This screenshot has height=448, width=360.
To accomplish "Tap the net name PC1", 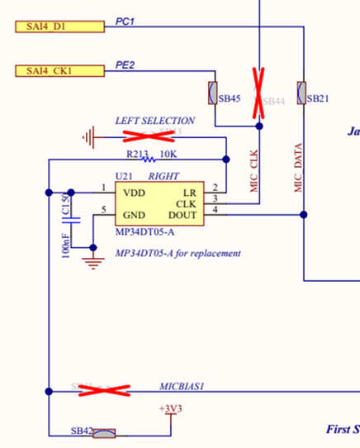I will pyautogui.click(x=125, y=21).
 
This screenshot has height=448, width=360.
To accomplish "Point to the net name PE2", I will pyautogui.click(x=125, y=64).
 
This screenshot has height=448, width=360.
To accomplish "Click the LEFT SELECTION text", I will pyautogui.click(x=155, y=121).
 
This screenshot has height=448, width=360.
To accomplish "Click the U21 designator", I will pyautogui.click(x=124, y=176).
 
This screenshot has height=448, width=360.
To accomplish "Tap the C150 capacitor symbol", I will pyautogui.click(x=70, y=219).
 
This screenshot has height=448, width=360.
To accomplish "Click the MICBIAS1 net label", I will pyautogui.click(x=181, y=386).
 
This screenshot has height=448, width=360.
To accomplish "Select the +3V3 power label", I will pyautogui.click(x=171, y=409).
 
